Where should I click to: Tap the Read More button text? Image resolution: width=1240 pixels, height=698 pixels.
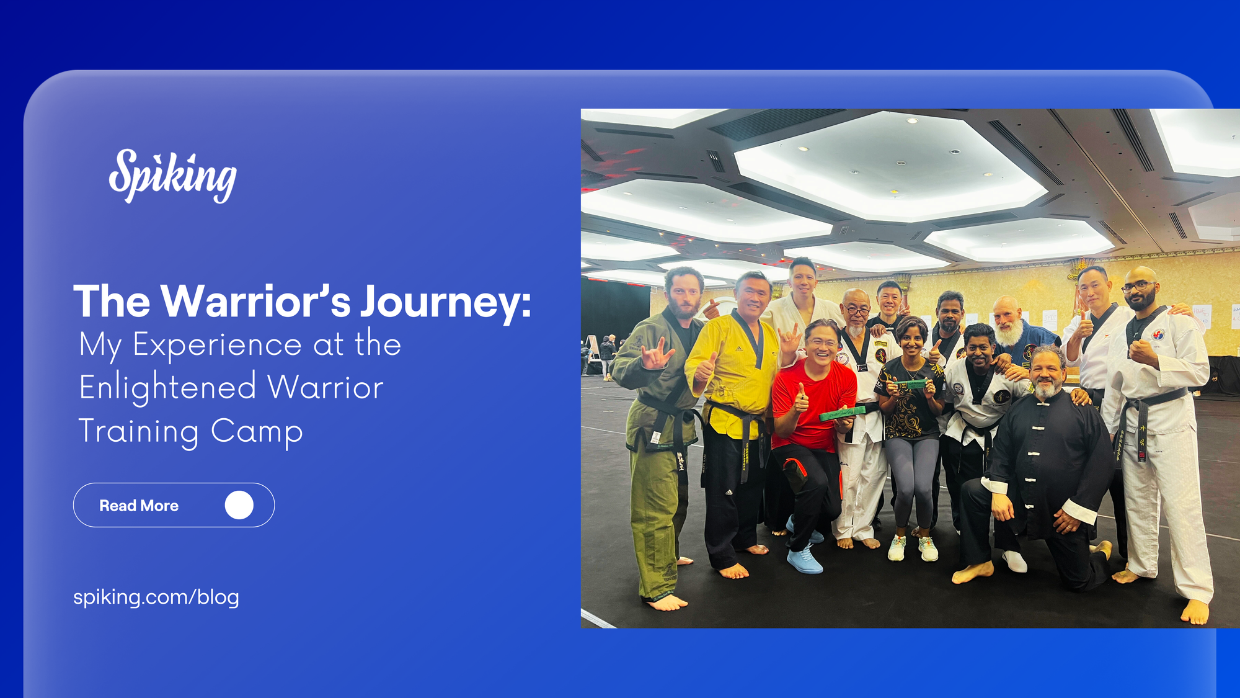click(x=139, y=506)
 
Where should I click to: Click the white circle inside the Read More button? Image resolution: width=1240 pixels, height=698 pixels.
click(x=239, y=505)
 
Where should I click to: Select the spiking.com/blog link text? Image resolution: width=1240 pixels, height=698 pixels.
click(x=156, y=597)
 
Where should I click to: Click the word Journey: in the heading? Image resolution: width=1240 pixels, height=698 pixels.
click(x=446, y=302)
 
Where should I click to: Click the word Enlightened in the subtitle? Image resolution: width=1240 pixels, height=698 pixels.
click(x=167, y=387)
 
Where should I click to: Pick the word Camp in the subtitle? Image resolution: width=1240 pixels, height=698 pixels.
click(x=257, y=431)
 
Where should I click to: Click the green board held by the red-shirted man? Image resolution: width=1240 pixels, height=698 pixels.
click(x=841, y=413)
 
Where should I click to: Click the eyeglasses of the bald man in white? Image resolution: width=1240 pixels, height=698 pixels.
click(x=1138, y=287)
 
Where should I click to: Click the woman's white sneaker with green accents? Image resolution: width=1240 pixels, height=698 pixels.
click(x=897, y=548)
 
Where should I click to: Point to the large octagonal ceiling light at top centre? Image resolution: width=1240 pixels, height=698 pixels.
click(x=893, y=164)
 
